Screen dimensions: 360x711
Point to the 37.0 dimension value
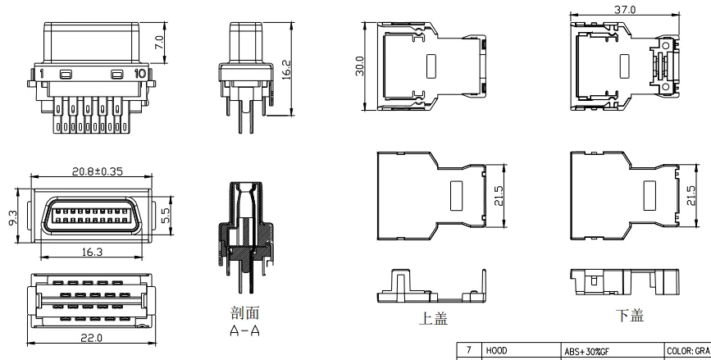pyautogui.click(x=622, y=7)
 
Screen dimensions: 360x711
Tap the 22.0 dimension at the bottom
pyautogui.click(x=92, y=338)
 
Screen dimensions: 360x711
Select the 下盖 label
pyautogui.click(x=628, y=316)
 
